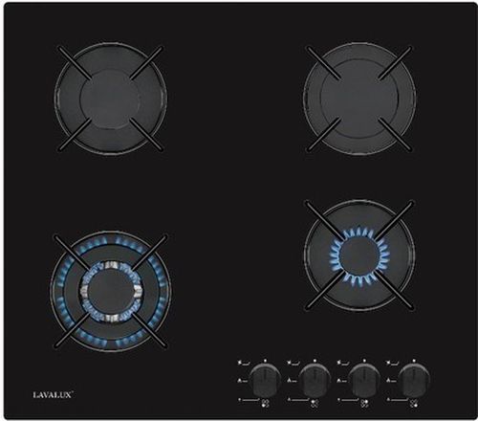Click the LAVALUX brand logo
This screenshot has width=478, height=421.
53,395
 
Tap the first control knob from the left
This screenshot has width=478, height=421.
265,381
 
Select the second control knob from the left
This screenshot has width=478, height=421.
315,381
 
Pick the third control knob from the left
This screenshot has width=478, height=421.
364,381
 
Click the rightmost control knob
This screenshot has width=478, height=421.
414,381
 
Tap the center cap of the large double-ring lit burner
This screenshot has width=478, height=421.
110,291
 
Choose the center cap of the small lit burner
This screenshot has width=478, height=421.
358,255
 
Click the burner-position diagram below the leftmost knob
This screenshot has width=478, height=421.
265,404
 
